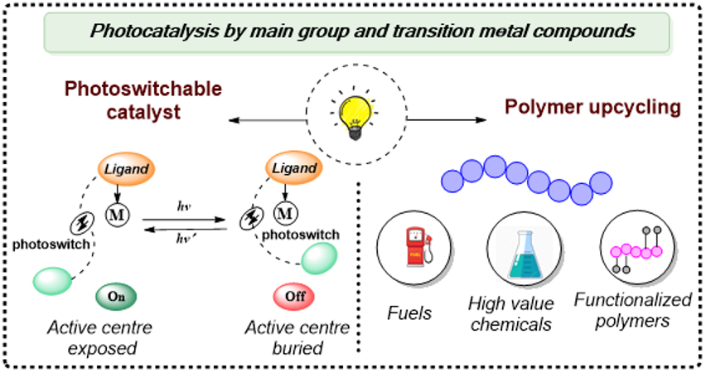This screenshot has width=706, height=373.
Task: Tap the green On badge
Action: (x=117, y=296)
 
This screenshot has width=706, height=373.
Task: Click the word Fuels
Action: (x=410, y=313)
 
